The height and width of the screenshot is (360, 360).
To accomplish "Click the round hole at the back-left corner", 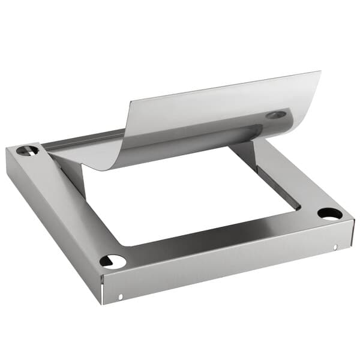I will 27,150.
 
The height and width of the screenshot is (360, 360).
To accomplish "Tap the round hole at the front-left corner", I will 113,261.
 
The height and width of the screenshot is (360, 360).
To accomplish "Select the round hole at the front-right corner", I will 329,214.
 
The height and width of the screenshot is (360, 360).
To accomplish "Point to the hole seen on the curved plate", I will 276,114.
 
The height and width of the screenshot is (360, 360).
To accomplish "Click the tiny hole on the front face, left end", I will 120,297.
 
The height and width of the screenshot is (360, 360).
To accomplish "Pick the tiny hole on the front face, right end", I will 335,247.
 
